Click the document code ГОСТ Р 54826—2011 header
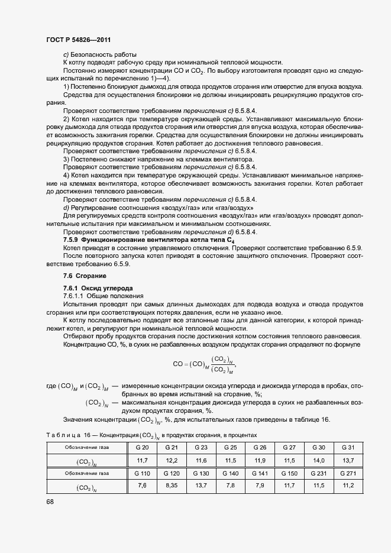(78, 40)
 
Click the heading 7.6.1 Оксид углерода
(91, 288)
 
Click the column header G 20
(142, 447)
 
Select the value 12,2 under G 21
(172, 460)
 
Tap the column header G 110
(142, 473)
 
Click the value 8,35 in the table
(172, 486)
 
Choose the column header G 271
(348, 473)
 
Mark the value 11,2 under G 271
(348, 486)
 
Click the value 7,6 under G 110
(142, 486)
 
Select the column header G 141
(260, 473)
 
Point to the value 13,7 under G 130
(201, 486)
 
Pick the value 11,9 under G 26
(260, 460)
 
